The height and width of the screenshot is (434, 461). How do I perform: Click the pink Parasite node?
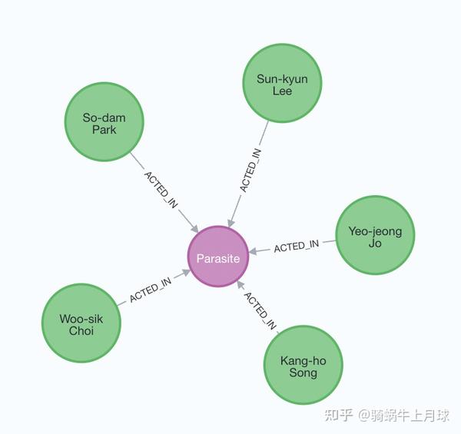(217, 258)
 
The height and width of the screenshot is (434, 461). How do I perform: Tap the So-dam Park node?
(104, 123)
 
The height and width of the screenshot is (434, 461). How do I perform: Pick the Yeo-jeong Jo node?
(375, 236)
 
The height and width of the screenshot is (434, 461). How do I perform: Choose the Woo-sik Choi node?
(81, 324)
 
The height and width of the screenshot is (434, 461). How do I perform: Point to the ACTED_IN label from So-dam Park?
(161, 190)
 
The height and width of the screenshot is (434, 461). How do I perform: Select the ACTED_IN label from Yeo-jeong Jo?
(296, 247)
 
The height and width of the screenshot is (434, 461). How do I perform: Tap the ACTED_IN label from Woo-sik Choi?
(151, 292)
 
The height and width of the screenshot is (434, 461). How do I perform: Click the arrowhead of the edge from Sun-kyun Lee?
(230, 221)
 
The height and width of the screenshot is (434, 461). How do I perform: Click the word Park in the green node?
(104, 130)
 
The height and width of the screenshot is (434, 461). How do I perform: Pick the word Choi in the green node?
(81, 331)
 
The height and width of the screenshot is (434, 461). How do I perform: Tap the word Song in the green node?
(303, 373)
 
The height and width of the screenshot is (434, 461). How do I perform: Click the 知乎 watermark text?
(338, 416)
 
